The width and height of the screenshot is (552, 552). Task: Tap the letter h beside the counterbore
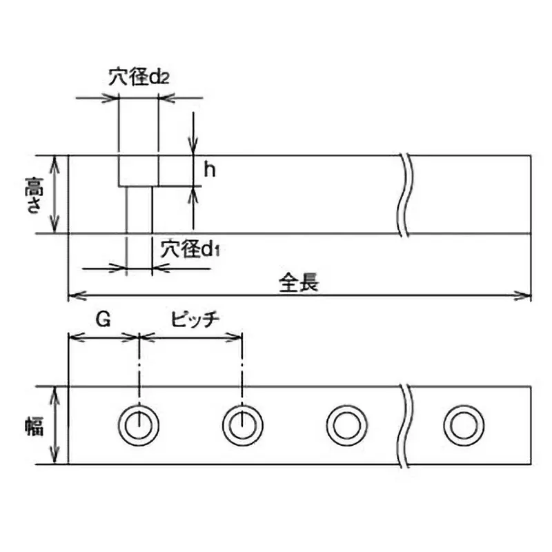[x=210, y=169]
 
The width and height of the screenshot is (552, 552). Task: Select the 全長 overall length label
[x=299, y=282]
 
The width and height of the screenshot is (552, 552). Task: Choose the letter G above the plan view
[x=102, y=319]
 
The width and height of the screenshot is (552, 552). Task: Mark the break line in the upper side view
[x=406, y=195]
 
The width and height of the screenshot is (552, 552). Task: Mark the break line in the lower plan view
[x=406, y=425]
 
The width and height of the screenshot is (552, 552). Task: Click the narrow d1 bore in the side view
[x=139, y=210]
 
